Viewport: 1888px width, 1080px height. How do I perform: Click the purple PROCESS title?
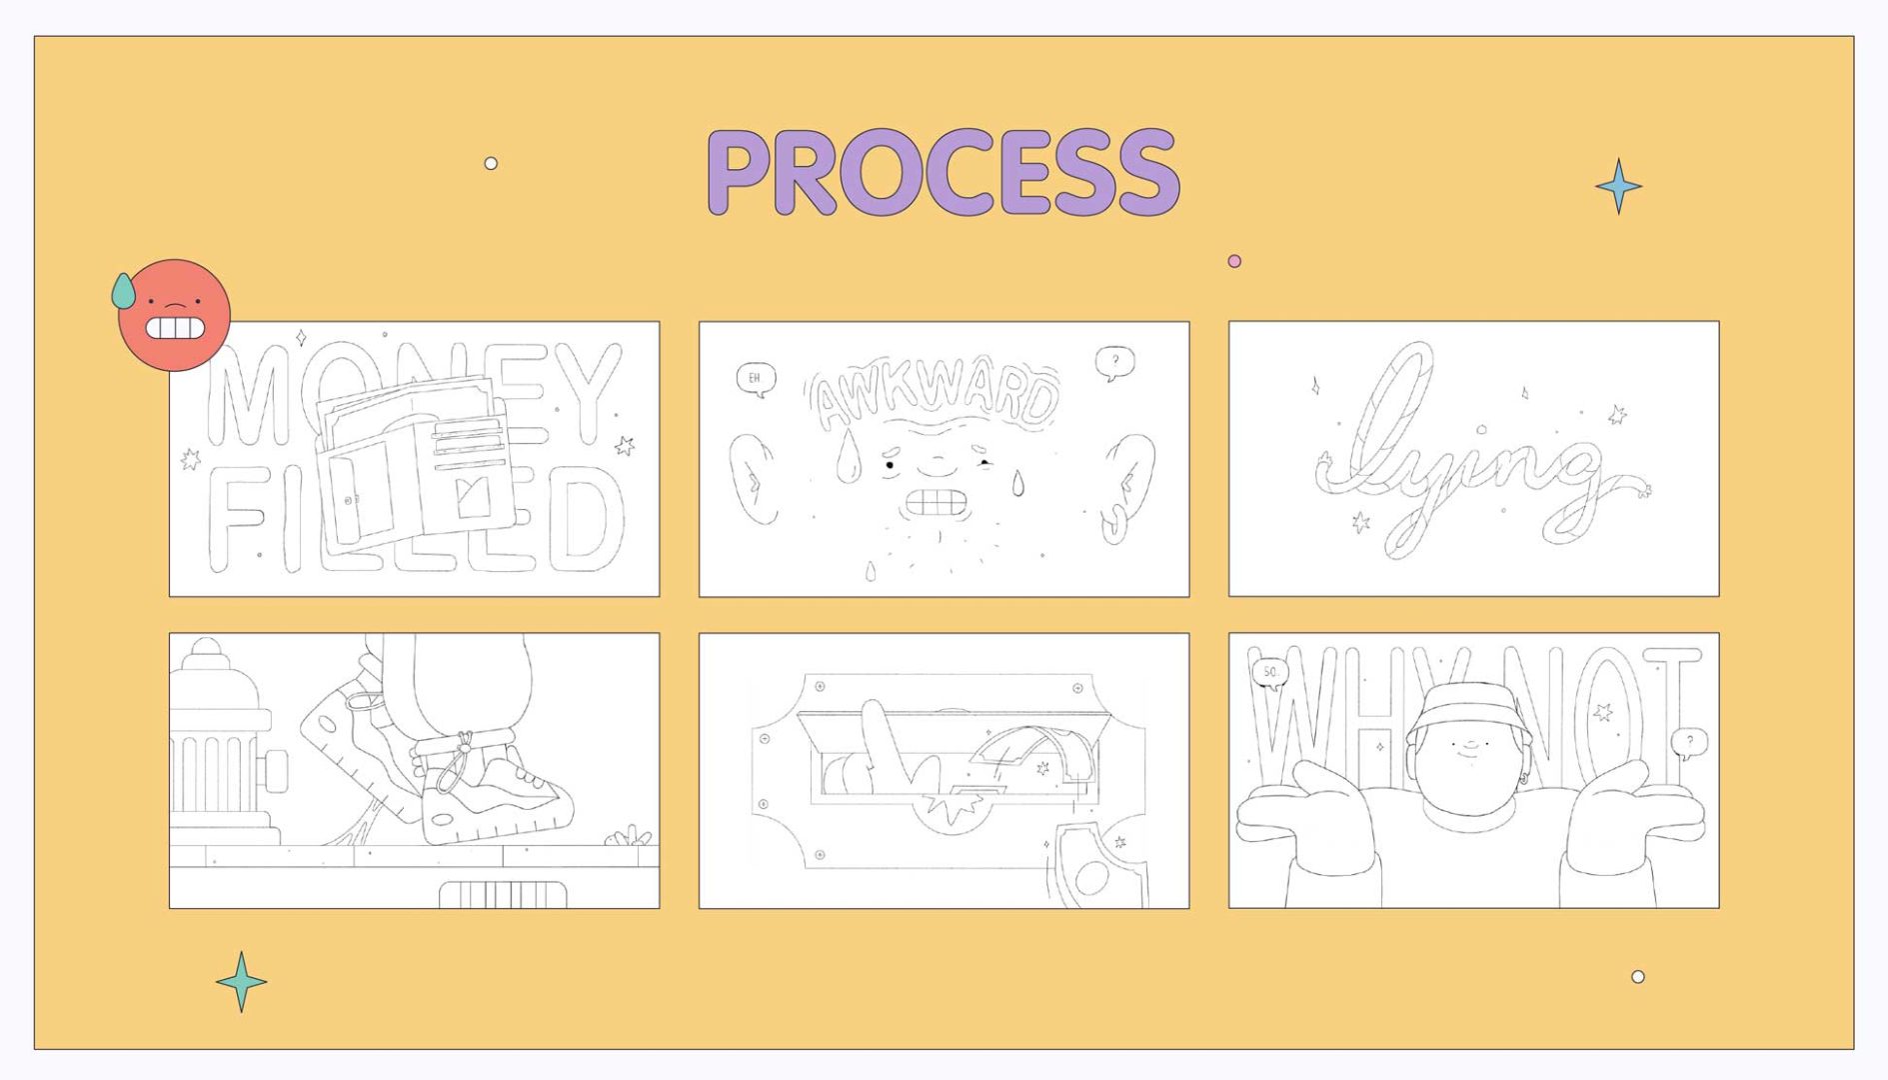[944, 172]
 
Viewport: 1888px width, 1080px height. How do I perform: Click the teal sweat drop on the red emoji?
[123, 291]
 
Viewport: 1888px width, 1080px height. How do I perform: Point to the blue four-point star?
[1618, 186]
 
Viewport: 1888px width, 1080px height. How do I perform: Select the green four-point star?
[241, 981]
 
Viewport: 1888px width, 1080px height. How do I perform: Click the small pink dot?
[1234, 261]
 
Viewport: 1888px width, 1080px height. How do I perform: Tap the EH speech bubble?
[755, 379]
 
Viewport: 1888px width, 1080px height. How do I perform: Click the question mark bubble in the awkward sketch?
[1114, 361]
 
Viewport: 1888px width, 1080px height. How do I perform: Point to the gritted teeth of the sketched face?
[936, 501]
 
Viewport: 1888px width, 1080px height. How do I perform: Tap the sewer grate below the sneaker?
[503, 893]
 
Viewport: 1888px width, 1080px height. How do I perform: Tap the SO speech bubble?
[1270, 673]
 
